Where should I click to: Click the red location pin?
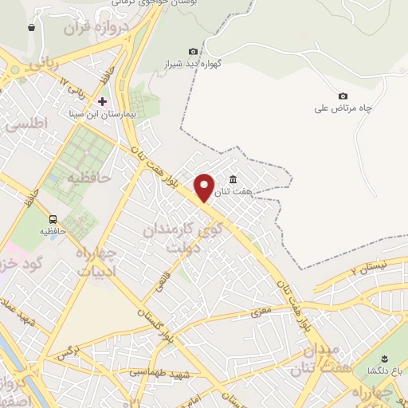[205, 186]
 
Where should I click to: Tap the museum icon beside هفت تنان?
[233, 179]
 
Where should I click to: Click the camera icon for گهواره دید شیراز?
[193, 52]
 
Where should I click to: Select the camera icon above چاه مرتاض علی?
[343, 96]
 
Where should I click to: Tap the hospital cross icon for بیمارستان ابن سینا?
[102, 101]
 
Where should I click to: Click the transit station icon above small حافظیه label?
[53, 219]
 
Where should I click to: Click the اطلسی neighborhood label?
[25, 124]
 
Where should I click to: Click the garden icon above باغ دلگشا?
[383, 356]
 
